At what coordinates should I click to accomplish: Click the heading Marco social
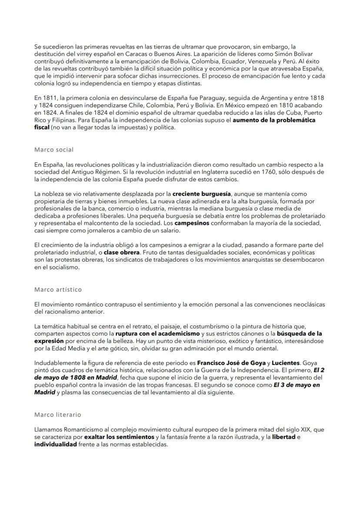pos(54,150)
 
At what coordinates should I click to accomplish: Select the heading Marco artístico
pos(58,289)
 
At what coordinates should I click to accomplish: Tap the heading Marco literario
pos(57,415)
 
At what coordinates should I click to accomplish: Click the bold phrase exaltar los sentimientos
pos(119,436)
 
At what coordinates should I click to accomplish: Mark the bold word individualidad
pos(55,443)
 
